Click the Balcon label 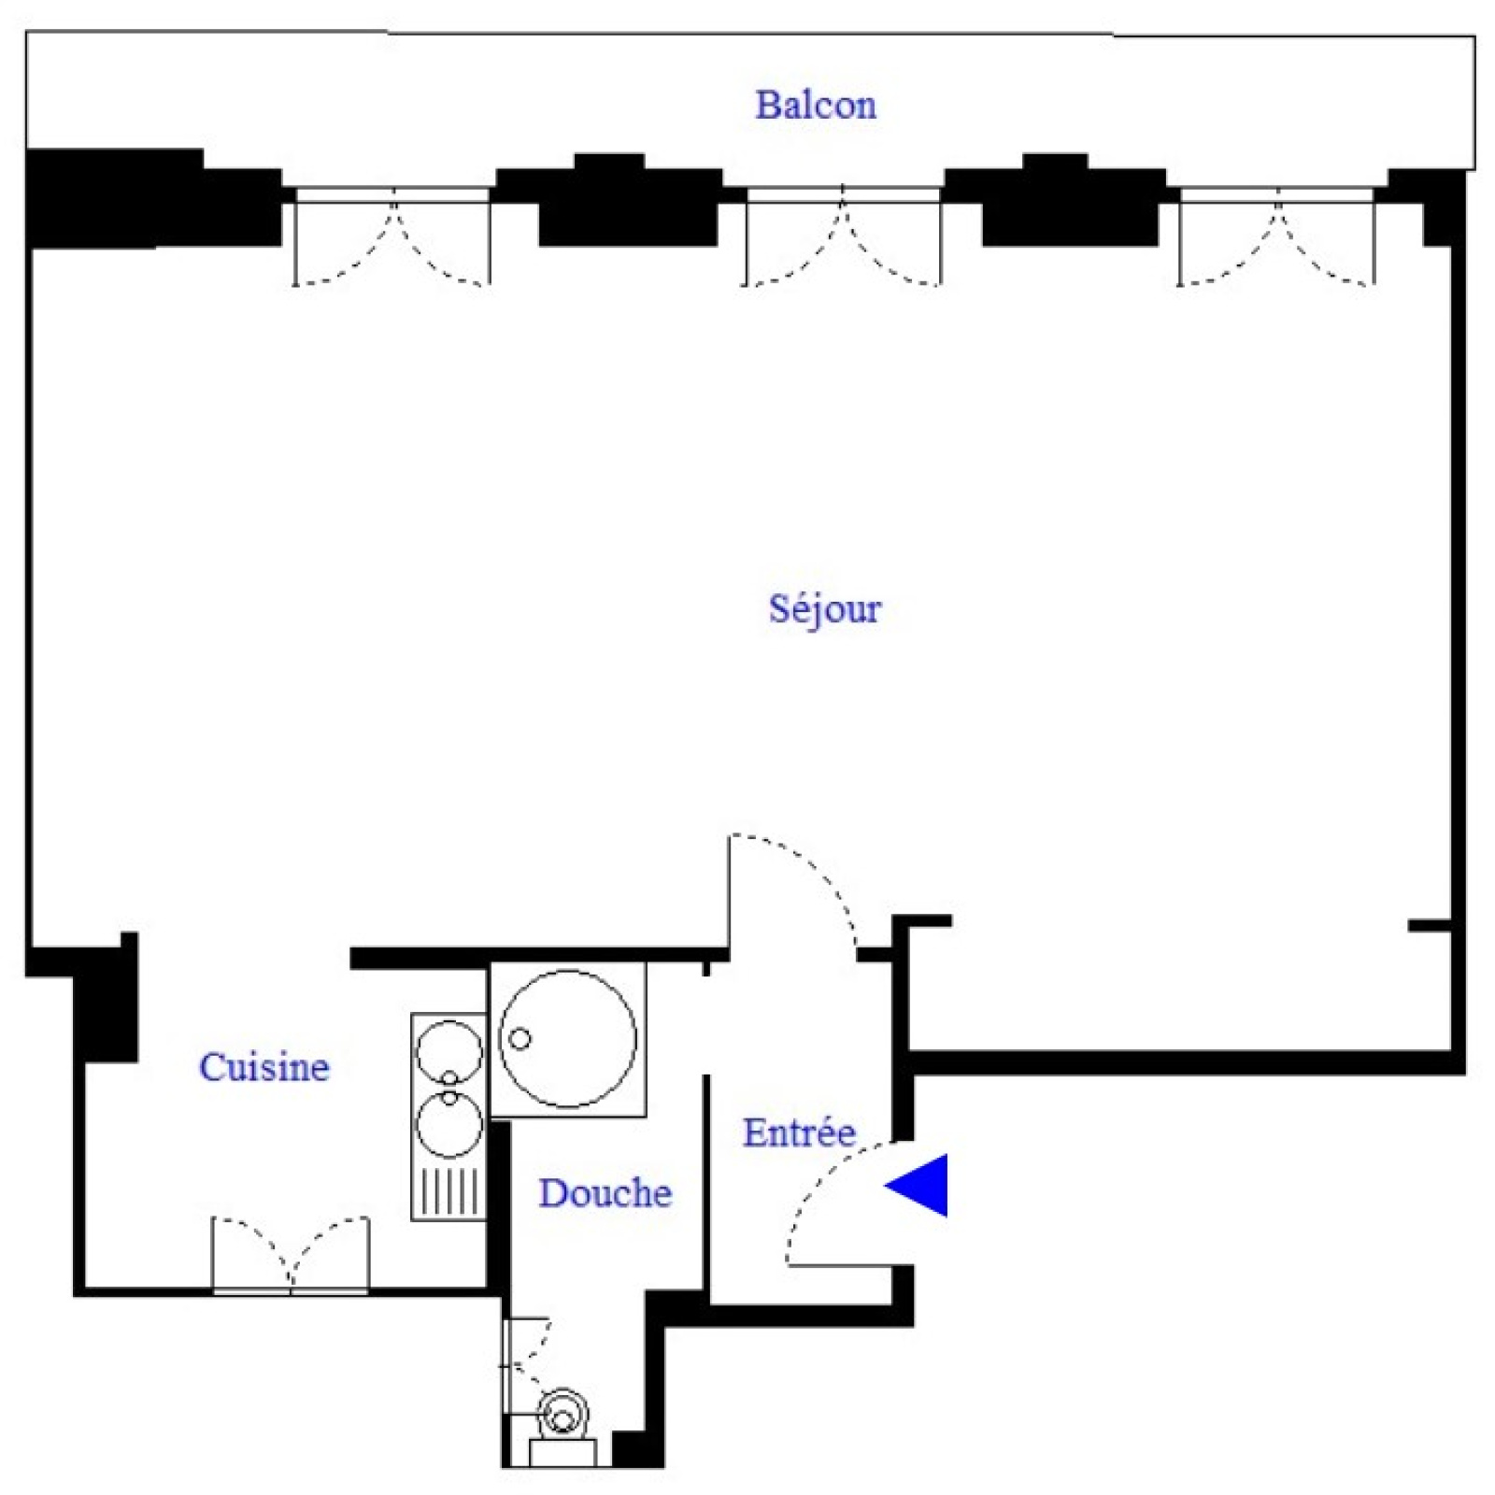click(x=816, y=105)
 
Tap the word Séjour click(x=824, y=609)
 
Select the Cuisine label click(x=264, y=1067)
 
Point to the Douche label click(x=605, y=1193)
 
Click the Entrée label click(x=800, y=1132)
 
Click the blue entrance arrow click(x=917, y=1186)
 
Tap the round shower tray click(x=568, y=1039)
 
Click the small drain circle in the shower click(x=520, y=1038)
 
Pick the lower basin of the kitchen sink click(x=449, y=1124)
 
